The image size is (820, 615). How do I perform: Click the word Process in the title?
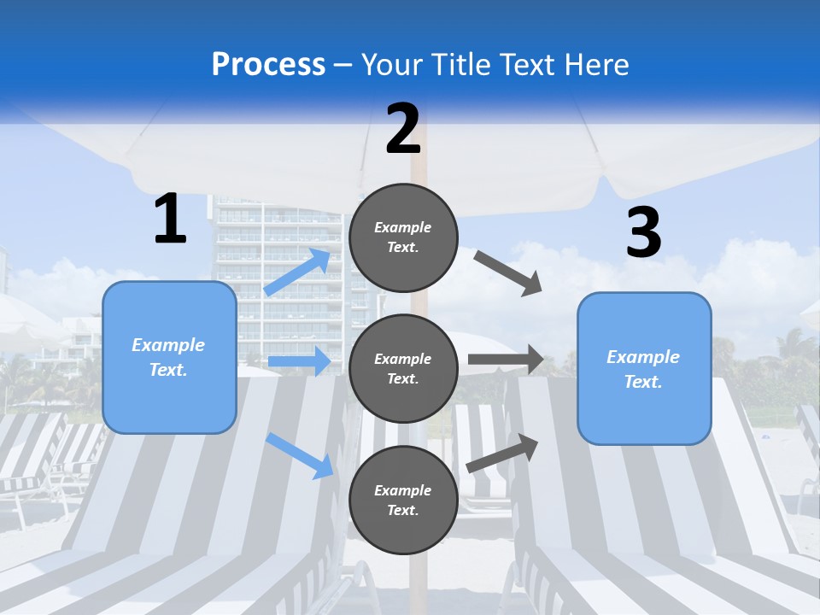click(x=268, y=64)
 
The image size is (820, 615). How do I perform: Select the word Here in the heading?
click(x=596, y=64)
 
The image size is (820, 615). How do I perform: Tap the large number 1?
click(x=170, y=218)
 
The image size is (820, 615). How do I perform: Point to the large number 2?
click(x=403, y=129)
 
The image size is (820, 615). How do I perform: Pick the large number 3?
click(x=644, y=231)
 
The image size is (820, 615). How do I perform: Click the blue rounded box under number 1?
click(x=169, y=357)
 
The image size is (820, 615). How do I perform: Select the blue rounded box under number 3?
click(x=644, y=369)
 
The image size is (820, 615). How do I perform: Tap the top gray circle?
click(x=403, y=237)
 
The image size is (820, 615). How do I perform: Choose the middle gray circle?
click(x=403, y=369)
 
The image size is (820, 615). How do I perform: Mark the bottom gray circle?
click(x=403, y=500)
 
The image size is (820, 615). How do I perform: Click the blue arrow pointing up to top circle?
click(x=297, y=272)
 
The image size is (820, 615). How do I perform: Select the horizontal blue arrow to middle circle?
click(x=300, y=360)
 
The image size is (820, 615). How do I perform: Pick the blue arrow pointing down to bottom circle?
click(x=300, y=456)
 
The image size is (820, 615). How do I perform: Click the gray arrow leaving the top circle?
click(x=507, y=273)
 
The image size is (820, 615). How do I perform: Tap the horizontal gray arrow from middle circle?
click(x=506, y=360)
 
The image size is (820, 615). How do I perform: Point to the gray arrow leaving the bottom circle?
click(x=502, y=454)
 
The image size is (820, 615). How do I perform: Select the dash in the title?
click(x=343, y=66)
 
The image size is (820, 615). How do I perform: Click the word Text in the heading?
click(x=528, y=64)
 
